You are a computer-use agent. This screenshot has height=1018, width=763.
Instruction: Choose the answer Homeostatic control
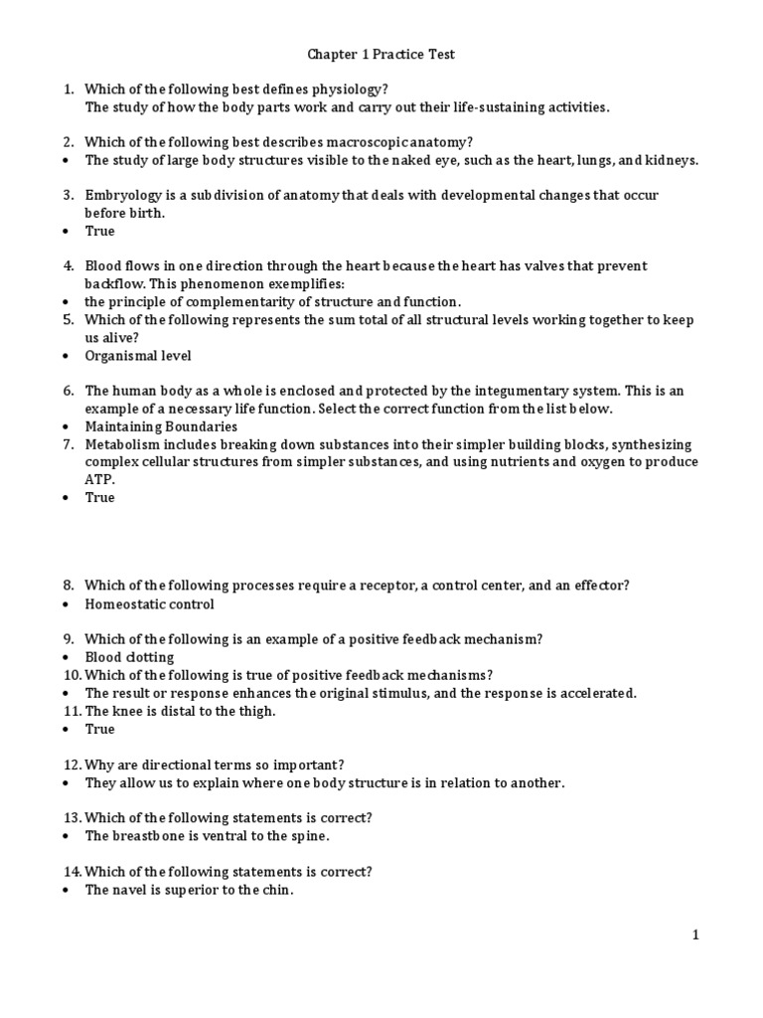pyautogui.click(x=149, y=603)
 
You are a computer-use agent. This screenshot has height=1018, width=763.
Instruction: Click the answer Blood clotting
pyautogui.click(x=129, y=657)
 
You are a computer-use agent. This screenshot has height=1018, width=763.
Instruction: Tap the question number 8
pyautogui.click(x=68, y=586)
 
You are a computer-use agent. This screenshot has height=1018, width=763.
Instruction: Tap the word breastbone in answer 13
pyautogui.click(x=152, y=836)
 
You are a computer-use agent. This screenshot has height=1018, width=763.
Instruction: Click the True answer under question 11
pyautogui.click(x=99, y=729)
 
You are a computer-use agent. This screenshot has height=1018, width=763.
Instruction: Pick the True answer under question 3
pyautogui.click(x=99, y=231)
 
